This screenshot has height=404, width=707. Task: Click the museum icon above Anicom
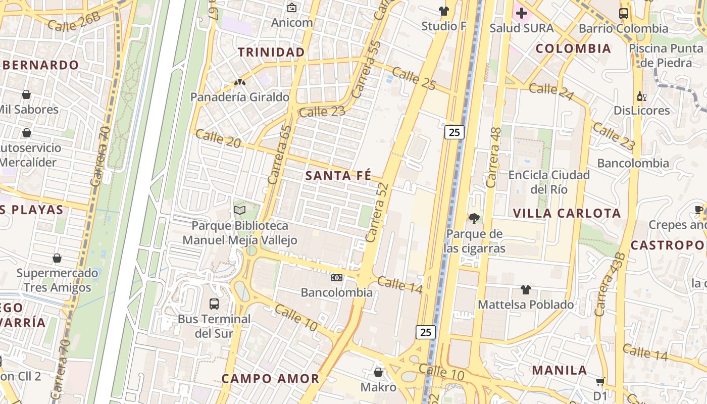291,8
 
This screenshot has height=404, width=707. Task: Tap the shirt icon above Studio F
444,11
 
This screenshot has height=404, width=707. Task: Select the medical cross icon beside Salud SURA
522,13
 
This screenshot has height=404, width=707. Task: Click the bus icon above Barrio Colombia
623,14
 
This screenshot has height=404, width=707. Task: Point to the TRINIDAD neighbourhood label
271,52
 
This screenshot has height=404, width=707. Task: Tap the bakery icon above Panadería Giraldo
239,82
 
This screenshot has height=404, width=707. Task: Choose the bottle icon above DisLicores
641,96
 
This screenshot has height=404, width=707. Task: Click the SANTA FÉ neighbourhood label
338,176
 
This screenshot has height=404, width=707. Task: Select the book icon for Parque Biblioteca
240,210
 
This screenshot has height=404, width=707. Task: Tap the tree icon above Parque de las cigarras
474,219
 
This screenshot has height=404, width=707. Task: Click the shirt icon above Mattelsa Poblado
526,290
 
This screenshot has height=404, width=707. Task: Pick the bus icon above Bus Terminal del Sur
214,304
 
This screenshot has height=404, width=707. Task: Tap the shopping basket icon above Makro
378,373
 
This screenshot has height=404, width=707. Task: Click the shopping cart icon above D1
600,381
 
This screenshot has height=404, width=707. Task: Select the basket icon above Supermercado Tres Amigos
57,258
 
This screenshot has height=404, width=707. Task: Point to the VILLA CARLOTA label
567,213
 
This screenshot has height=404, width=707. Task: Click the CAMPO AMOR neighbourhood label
270,378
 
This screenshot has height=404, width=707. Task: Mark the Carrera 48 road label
493,157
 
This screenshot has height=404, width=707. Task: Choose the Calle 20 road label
218,138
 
